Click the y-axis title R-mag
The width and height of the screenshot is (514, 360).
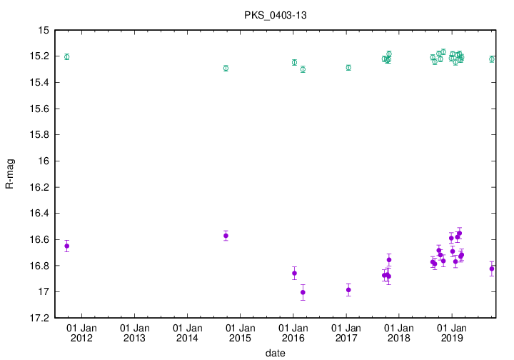tap(9, 174)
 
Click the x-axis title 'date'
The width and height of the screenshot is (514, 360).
tap(276, 352)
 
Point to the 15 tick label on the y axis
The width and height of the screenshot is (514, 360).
tap(42, 30)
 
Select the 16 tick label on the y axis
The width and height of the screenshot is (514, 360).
tap(42, 161)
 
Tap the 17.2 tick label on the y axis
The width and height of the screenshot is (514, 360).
tap(37, 318)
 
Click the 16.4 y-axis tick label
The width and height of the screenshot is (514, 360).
tap(37, 213)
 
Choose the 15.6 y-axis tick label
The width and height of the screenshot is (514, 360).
tap(37, 109)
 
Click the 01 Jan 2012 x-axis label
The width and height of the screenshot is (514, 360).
tap(81, 332)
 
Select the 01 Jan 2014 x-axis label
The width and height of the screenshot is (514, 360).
tap(186, 332)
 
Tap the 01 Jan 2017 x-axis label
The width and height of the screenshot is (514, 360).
tap(346, 332)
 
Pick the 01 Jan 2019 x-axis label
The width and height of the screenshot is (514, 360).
tap(451, 332)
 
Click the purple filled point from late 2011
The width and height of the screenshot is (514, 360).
tap(67, 246)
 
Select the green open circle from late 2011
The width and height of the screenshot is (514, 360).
tap(67, 56)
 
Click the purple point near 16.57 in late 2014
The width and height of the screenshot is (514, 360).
tap(226, 236)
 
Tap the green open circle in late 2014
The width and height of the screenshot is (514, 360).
tap(226, 68)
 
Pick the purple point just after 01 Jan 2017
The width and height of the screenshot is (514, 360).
tap(348, 289)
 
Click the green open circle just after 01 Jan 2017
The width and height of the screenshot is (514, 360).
tap(348, 67)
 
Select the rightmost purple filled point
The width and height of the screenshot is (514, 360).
tap(492, 269)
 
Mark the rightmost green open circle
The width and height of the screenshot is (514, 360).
tap(492, 59)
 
